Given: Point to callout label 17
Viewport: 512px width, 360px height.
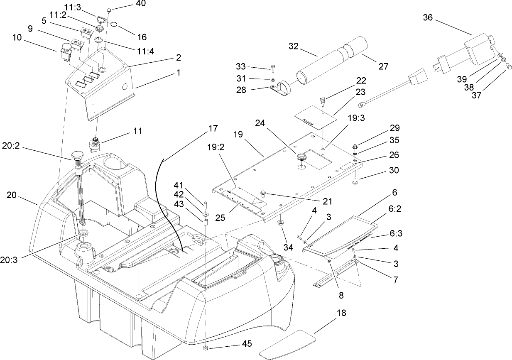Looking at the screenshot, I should pos(213,129).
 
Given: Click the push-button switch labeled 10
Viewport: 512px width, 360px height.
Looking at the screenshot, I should pos(66,49).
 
